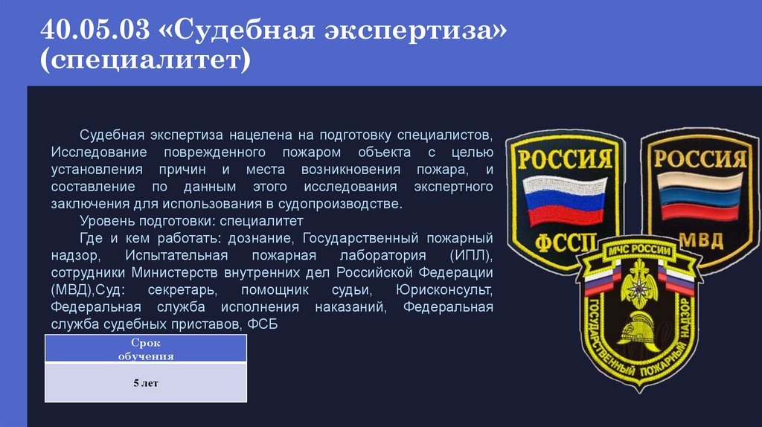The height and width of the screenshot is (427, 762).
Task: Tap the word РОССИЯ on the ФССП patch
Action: (x=565, y=158)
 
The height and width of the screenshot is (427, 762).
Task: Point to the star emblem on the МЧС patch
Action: (x=640, y=289)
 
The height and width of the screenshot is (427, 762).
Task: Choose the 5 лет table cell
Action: (x=146, y=383)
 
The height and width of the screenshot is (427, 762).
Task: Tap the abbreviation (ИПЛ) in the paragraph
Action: (x=472, y=255)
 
